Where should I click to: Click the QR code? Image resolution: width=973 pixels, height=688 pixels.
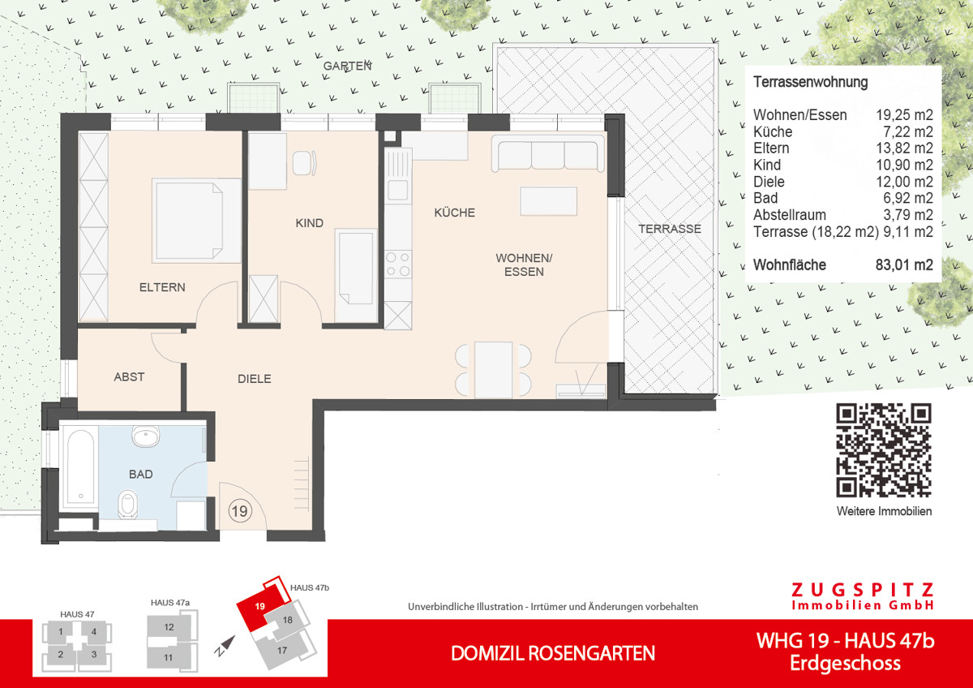point(884,449)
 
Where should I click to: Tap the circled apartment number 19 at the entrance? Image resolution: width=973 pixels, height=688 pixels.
point(239,510)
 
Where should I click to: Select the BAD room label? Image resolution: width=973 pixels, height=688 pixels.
point(140,474)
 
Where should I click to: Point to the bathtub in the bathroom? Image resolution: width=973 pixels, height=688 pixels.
point(79,469)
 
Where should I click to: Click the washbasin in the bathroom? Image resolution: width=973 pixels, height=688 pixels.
point(148,438)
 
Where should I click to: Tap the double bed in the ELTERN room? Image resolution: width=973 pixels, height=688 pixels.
point(197,221)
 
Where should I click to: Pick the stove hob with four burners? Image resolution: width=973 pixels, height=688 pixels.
point(398,264)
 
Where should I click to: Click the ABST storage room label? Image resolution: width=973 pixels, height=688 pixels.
point(129,376)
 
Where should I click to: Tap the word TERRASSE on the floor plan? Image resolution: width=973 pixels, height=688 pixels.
point(669,229)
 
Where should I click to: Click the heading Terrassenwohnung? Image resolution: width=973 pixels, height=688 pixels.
point(810,82)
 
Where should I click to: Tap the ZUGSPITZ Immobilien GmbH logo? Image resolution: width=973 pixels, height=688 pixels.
point(862,596)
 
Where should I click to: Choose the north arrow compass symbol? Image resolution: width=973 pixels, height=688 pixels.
point(225,645)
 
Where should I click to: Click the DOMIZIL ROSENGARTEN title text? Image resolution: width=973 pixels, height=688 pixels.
point(552,653)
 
